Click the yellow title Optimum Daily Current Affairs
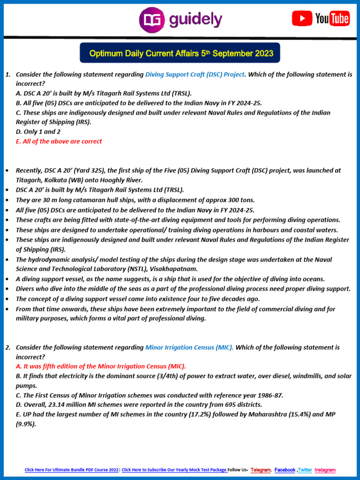180,53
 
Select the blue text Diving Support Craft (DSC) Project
195,75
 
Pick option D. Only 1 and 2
38,132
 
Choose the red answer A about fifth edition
101,366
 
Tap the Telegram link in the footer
261,470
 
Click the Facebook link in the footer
285,470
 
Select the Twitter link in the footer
305,470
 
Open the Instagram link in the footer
325,470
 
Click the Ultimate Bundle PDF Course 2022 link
72,470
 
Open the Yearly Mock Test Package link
174,470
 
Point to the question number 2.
7,347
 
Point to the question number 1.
7,75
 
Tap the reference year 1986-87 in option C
265,395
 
